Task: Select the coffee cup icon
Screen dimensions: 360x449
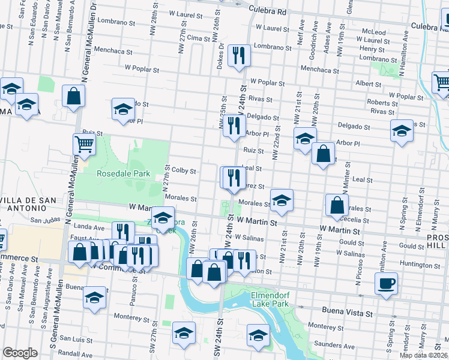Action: point(386,283)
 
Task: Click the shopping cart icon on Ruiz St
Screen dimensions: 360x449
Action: point(84,144)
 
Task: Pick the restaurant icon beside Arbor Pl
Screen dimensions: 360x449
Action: point(234,126)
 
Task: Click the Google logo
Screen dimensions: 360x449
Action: point(19,353)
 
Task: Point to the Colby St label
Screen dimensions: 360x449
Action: point(184,171)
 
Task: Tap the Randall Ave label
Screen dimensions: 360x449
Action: point(76,355)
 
